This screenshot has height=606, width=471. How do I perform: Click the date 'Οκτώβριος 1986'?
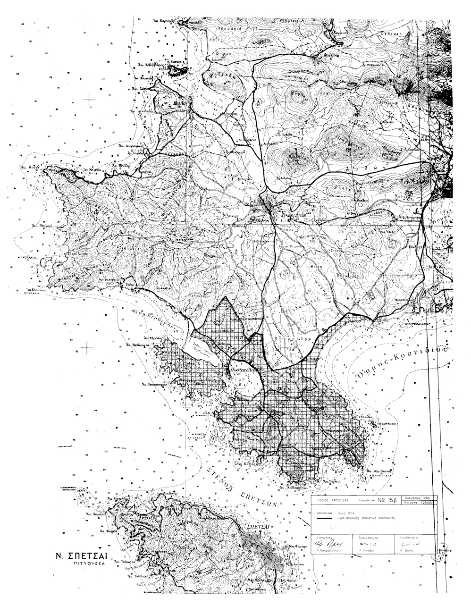[419, 497]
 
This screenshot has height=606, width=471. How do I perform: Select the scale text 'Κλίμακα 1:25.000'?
[420, 503]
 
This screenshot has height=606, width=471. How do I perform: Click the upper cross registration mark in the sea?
[88, 99]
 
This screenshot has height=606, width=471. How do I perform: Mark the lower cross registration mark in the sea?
[87, 347]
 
